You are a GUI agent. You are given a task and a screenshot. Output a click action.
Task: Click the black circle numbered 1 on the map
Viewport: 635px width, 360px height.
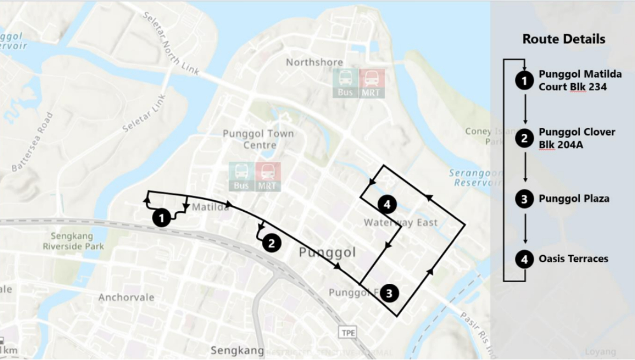161,217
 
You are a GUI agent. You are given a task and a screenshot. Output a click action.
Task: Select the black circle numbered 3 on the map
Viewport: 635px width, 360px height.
389,292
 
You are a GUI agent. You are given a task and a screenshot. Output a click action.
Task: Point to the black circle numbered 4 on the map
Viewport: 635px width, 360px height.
387,204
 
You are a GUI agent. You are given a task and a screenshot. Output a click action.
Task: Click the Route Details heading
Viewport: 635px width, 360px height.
564,39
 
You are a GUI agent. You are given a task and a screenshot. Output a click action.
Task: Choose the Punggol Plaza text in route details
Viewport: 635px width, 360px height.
574,199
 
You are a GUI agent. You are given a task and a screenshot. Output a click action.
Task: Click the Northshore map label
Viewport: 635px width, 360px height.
314,62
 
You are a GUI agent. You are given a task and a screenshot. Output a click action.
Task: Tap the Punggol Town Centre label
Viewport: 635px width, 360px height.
258,139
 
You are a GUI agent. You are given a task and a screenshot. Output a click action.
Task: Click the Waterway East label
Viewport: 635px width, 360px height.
401,223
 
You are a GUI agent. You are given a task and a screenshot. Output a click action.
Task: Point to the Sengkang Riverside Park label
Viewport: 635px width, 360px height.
73,241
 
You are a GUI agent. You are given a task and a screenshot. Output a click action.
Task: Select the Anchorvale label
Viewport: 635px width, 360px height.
126,298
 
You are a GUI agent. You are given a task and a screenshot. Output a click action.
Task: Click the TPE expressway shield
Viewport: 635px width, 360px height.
347,332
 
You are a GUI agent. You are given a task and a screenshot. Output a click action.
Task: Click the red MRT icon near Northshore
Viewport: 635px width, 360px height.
372,84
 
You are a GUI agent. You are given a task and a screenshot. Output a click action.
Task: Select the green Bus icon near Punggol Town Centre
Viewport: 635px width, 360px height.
241,176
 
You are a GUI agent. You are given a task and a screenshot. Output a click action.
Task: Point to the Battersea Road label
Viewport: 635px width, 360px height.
33,142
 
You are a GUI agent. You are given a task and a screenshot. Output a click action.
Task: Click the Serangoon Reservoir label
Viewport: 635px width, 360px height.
474,177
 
